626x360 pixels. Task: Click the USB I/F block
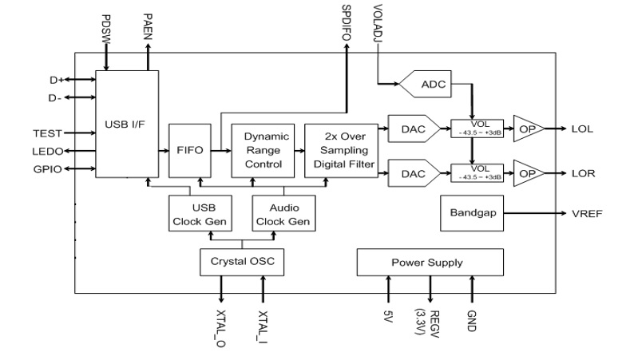126,124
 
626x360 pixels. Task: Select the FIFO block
190,150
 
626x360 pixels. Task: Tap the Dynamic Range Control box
263,150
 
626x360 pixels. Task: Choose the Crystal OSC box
241,261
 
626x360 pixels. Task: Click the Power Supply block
430,262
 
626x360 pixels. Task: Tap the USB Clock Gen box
199,213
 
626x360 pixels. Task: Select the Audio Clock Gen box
283,213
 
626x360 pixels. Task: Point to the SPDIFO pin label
346,21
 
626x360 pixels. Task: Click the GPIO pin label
46,169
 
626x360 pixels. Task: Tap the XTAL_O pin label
220,327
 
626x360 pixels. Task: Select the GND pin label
472,322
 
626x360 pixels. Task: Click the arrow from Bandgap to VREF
535,213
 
